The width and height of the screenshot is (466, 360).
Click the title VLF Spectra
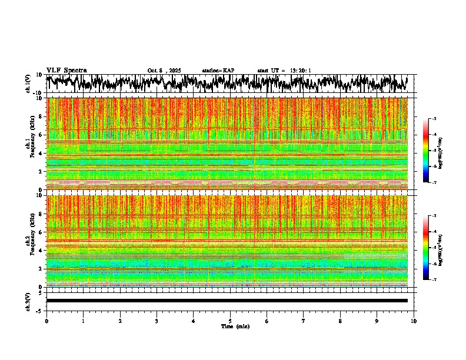[66, 70]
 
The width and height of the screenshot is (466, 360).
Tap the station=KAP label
[218, 71]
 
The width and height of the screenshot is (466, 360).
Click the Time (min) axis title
[235, 326]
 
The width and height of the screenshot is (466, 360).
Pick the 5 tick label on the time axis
[230, 321]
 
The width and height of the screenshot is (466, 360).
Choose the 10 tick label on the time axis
[414, 321]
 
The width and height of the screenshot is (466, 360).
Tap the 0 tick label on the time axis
[46, 321]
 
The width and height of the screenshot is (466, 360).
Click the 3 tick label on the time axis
[157, 321]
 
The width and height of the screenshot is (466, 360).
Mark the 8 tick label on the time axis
[340, 321]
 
